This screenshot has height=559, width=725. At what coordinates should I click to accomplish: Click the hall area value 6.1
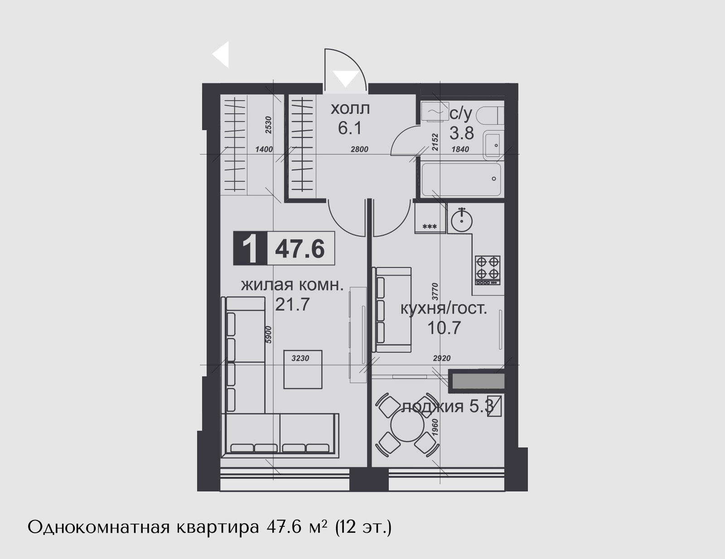click(350, 128)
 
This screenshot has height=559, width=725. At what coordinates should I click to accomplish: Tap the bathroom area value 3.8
click(461, 133)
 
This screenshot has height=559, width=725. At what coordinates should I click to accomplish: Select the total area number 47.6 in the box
click(300, 249)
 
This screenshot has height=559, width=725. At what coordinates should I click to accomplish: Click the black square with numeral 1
click(250, 248)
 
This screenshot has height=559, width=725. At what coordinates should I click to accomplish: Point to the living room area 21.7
click(293, 304)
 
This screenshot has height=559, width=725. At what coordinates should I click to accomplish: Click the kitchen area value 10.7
click(444, 328)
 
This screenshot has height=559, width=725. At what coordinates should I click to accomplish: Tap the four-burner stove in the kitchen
click(488, 270)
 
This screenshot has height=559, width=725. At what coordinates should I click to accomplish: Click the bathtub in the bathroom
click(461, 180)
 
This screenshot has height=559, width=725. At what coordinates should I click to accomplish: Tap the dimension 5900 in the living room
click(269, 335)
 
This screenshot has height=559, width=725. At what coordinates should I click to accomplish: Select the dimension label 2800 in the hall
click(359, 149)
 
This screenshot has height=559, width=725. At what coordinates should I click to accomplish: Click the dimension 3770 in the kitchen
click(435, 292)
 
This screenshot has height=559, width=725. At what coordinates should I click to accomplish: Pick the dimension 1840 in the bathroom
click(460, 149)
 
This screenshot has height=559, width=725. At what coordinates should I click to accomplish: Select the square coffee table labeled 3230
click(303, 369)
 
